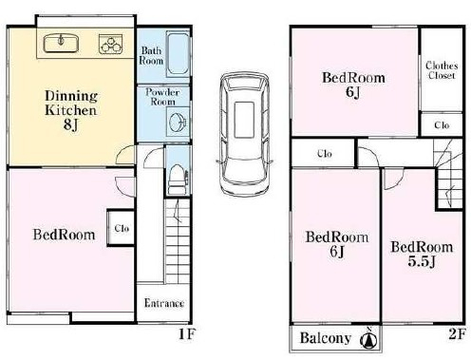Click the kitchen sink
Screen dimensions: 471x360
tap(61, 44)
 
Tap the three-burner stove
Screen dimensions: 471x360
tap(110, 44)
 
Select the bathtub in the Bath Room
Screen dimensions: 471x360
tap(178, 53)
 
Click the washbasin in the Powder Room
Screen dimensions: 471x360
tap(178, 122)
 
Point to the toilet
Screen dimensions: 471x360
tap(178, 179)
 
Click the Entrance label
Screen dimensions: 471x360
tap(164, 303)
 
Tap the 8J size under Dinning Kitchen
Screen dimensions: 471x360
tap(70, 124)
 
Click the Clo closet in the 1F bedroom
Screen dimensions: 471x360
tap(122, 228)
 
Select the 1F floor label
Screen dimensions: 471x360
tap(187, 333)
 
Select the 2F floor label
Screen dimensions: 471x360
tap(457, 333)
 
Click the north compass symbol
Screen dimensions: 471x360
tap(368, 338)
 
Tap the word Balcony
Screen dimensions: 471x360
tap(326, 338)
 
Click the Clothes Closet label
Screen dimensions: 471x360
tap(442, 70)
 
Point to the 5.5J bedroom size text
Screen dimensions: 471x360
tap(422, 261)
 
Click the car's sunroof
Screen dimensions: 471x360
tap(244, 120)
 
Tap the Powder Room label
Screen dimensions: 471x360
tap(162, 97)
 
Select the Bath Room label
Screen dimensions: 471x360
tap(151, 55)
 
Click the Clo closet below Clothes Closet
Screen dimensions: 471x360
tap(442, 124)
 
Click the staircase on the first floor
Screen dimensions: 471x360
tap(178, 240)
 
